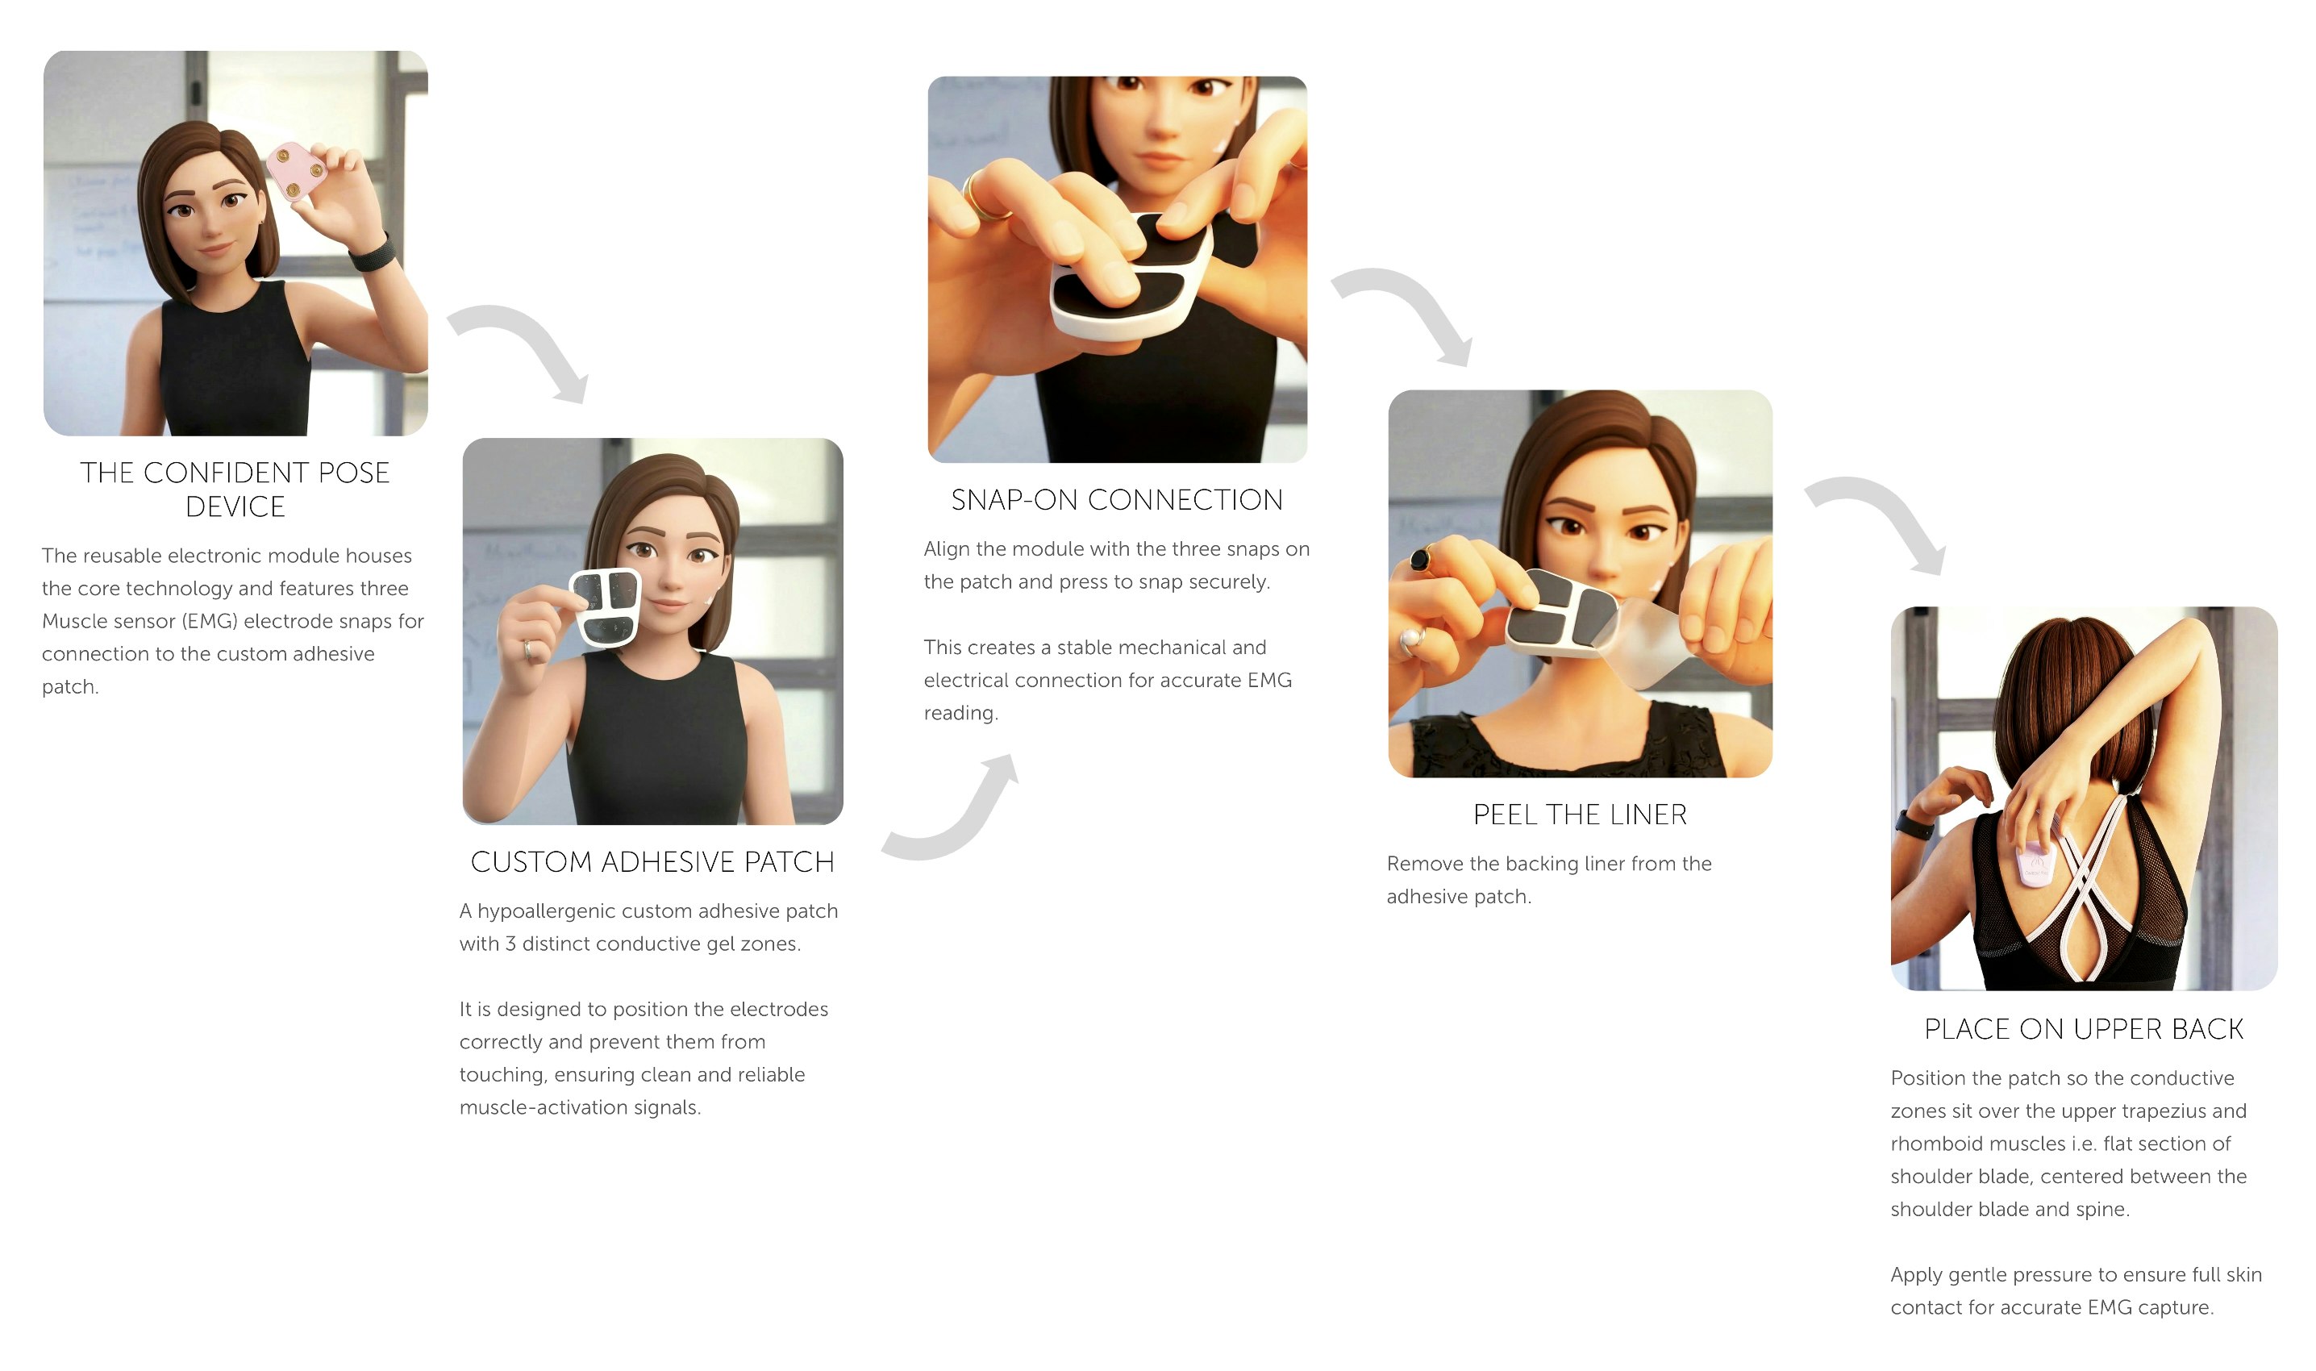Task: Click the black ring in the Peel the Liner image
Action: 1420,558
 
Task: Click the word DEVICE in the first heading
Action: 235,507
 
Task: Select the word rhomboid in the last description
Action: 1937,1144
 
